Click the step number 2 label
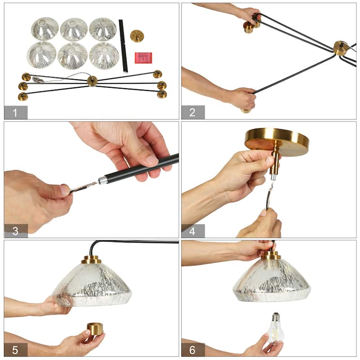(193, 112)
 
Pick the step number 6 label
(193, 350)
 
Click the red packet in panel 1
(143, 57)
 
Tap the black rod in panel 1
(123, 45)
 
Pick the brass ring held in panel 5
(95, 328)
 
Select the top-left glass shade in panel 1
(45, 28)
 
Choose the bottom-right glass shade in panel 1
(104, 55)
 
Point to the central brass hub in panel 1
(92, 81)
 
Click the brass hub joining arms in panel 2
(340, 48)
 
